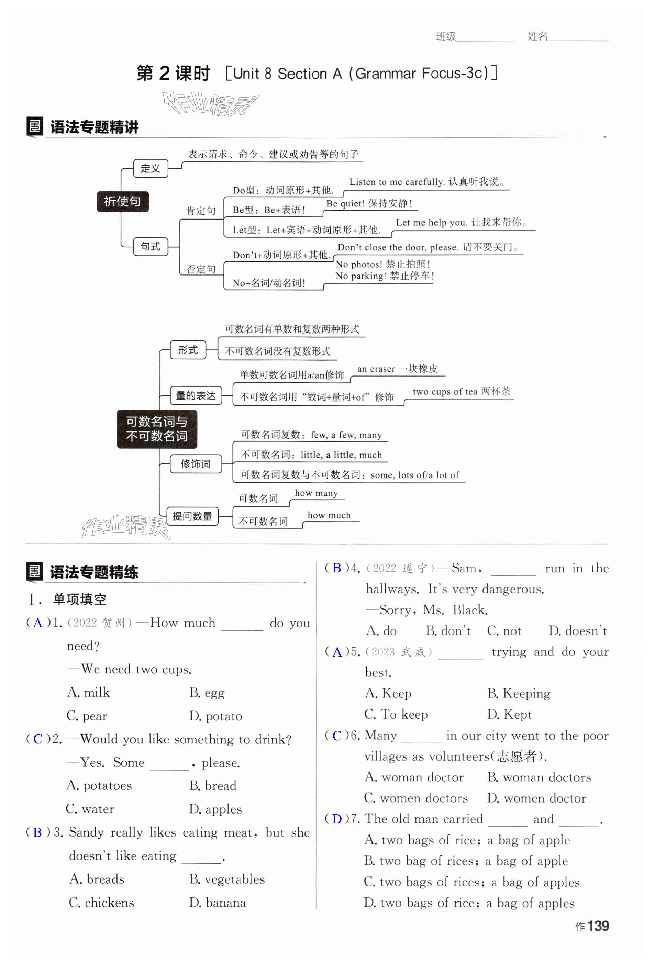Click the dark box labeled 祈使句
click(x=122, y=202)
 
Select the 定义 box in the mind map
click(x=150, y=168)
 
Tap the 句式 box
click(x=150, y=246)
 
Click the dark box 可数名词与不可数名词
click(x=157, y=429)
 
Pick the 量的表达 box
click(x=196, y=395)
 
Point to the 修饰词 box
click(x=196, y=463)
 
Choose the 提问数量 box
click(x=192, y=516)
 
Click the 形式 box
click(x=188, y=350)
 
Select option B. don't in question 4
click(x=448, y=631)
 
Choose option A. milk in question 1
click(x=88, y=692)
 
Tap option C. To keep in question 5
click(x=396, y=714)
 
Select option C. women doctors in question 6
click(x=416, y=798)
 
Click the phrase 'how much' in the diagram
click(x=329, y=515)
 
